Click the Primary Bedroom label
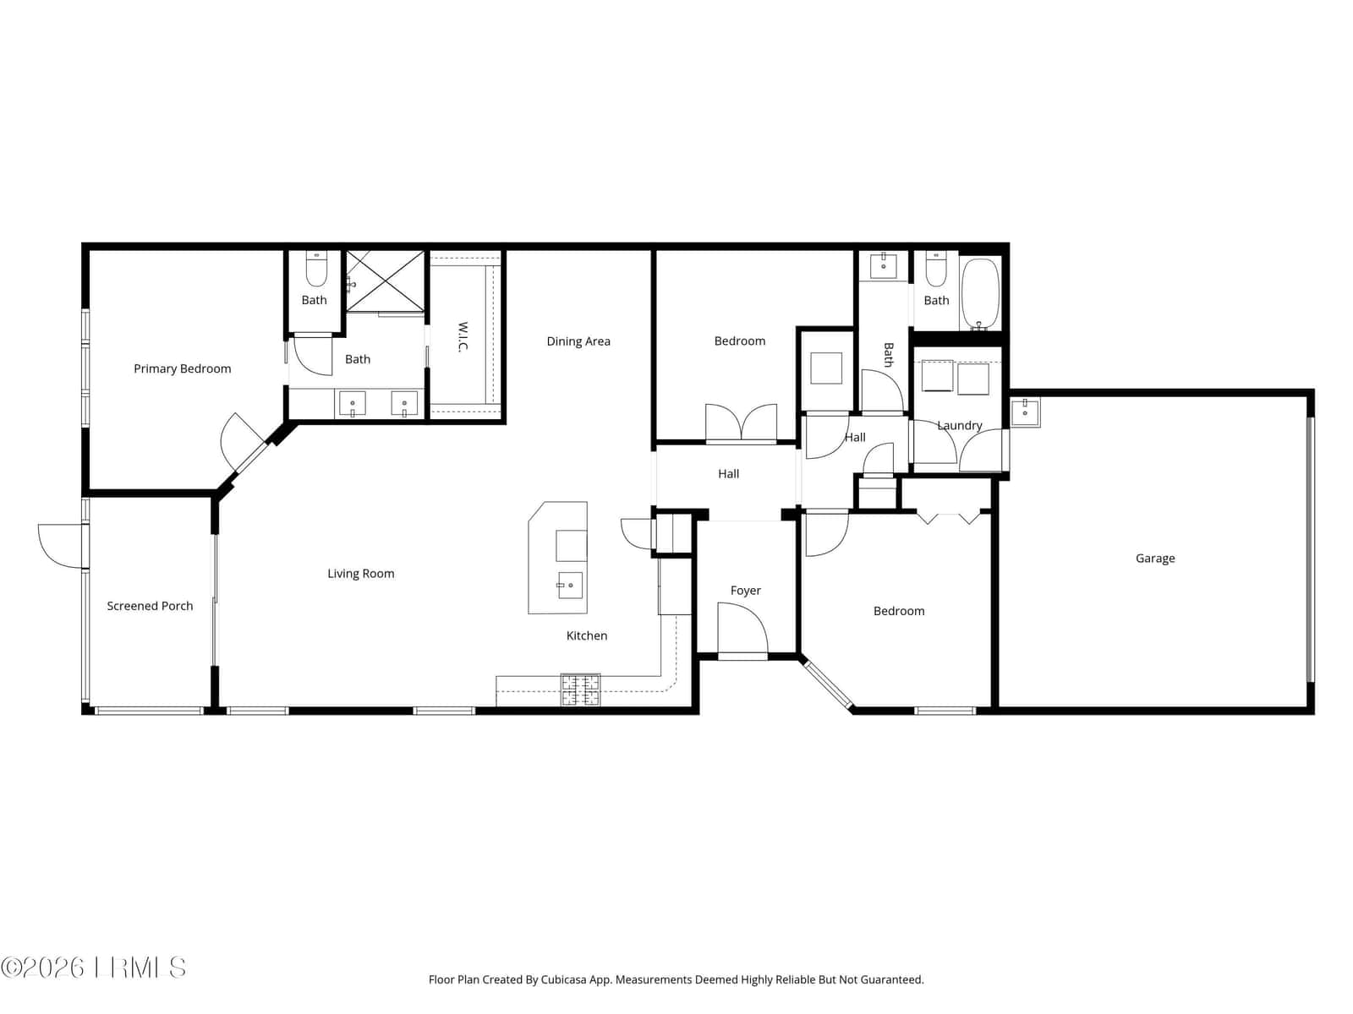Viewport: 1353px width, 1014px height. click(183, 368)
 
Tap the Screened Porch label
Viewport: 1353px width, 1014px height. click(150, 606)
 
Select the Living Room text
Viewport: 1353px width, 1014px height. click(360, 574)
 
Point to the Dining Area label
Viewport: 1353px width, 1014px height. click(578, 341)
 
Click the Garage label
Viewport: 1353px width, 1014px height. click(1155, 559)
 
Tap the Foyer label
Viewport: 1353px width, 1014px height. click(745, 591)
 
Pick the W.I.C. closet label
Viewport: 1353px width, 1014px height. click(463, 337)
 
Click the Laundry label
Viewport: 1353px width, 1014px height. click(959, 425)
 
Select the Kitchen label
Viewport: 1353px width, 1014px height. click(587, 635)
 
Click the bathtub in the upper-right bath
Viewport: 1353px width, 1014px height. click(980, 294)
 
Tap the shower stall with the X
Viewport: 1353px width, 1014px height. click(385, 281)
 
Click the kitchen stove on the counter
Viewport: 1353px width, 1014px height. click(580, 690)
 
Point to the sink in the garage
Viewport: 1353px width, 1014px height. click(1025, 412)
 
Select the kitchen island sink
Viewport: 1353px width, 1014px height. click(570, 586)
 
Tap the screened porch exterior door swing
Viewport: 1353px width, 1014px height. click(60, 546)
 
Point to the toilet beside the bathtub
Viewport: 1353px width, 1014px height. click(936, 269)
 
